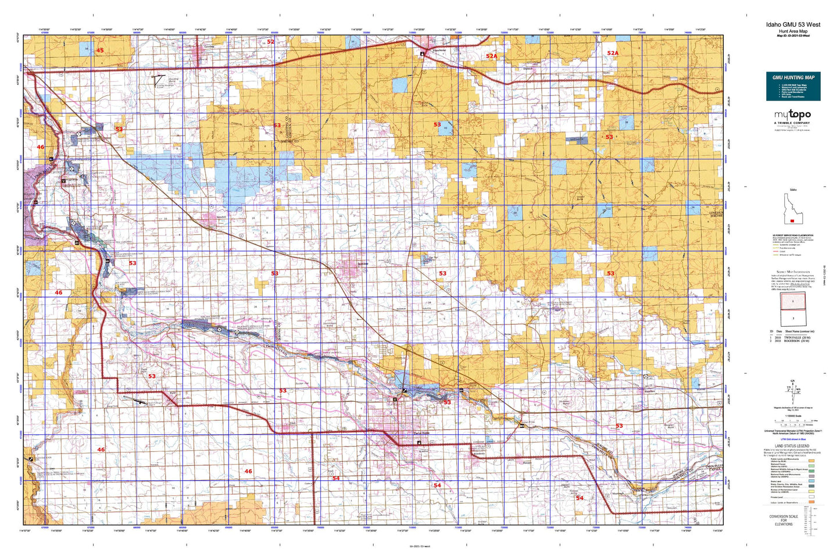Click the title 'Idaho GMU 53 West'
[793, 24]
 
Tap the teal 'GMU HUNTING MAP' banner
[793, 77]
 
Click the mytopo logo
[792, 115]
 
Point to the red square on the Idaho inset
[792, 220]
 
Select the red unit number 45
[100, 51]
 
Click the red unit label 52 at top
[270, 42]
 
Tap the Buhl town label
[173, 393]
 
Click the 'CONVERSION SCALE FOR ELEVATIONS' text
[783, 520]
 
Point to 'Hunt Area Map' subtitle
[793, 30]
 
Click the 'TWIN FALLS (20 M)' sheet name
[796, 337]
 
